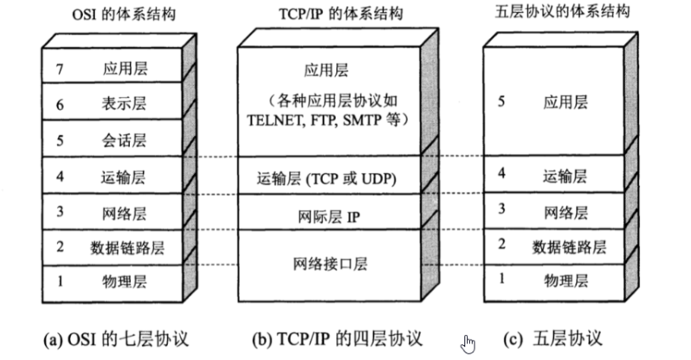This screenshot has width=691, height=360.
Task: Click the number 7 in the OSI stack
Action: (x=59, y=69)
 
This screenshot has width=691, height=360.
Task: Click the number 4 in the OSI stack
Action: (x=59, y=177)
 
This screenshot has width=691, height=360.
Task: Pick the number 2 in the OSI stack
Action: (x=59, y=247)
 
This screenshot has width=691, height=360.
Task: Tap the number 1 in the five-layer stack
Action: (x=502, y=279)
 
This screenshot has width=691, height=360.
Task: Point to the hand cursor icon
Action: (x=468, y=344)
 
